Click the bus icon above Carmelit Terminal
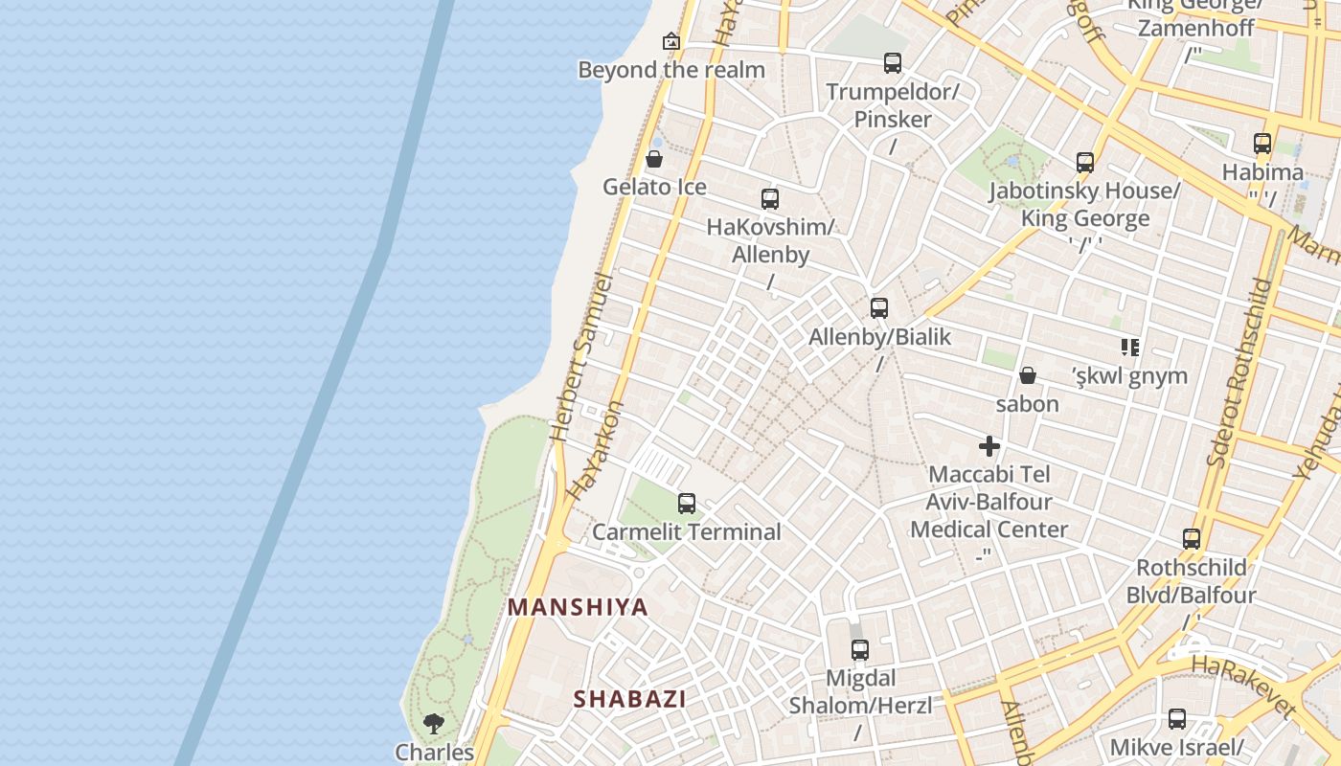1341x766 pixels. click(686, 504)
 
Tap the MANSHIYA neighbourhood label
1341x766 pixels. click(578, 607)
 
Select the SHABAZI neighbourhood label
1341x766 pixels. click(629, 699)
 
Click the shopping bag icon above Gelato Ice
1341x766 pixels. click(654, 159)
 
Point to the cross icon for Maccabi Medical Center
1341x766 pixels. click(989, 446)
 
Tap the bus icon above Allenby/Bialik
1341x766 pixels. click(878, 308)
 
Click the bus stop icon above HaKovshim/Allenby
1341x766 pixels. click(770, 199)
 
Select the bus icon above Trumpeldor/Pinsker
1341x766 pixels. click(893, 63)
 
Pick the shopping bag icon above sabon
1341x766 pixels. click(1028, 375)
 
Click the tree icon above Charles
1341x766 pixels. click(434, 723)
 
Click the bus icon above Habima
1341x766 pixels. click(1262, 144)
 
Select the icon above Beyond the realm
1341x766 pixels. click(671, 41)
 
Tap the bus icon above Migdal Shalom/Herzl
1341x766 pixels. click(859, 650)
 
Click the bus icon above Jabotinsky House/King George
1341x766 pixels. click(1084, 163)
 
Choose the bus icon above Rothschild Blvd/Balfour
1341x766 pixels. click(1191, 539)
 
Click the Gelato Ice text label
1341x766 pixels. click(654, 187)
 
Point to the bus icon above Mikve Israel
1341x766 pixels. click(1176, 719)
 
